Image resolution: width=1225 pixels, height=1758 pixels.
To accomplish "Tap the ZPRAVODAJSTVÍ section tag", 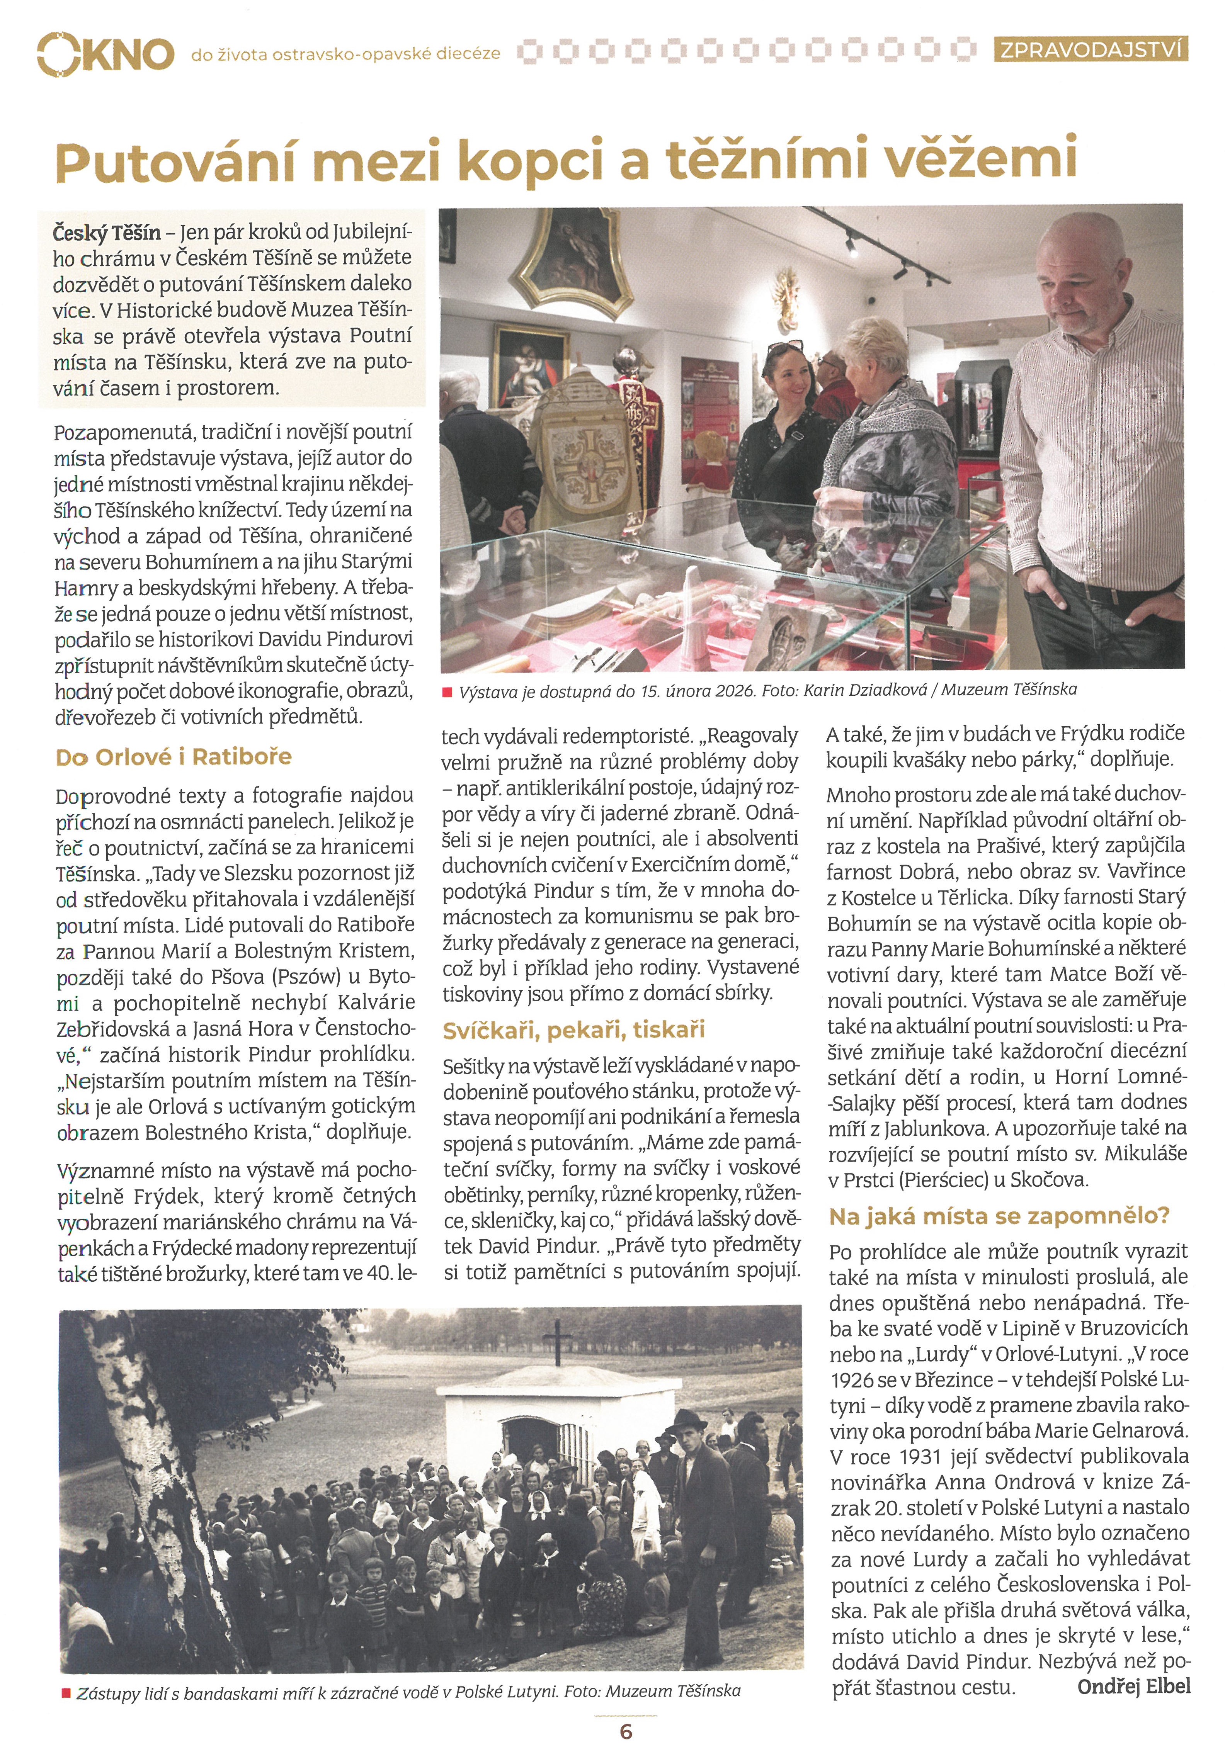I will point(1091,51).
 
